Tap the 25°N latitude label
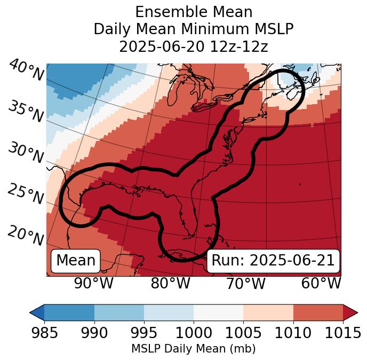pos(26,193)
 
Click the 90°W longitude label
pos(94,284)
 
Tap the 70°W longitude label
pos(246,284)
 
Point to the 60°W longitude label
pos(321,284)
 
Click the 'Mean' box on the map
pos(76,261)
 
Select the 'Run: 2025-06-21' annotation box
pos(273,261)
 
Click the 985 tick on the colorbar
pos(44,333)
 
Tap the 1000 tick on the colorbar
pos(194,333)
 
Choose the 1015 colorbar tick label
pos(343,333)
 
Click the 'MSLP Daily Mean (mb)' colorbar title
pos(194,349)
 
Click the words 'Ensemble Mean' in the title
pos(194,12)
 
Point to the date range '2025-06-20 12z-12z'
pos(194,46)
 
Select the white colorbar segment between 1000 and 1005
pos(218,312)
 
